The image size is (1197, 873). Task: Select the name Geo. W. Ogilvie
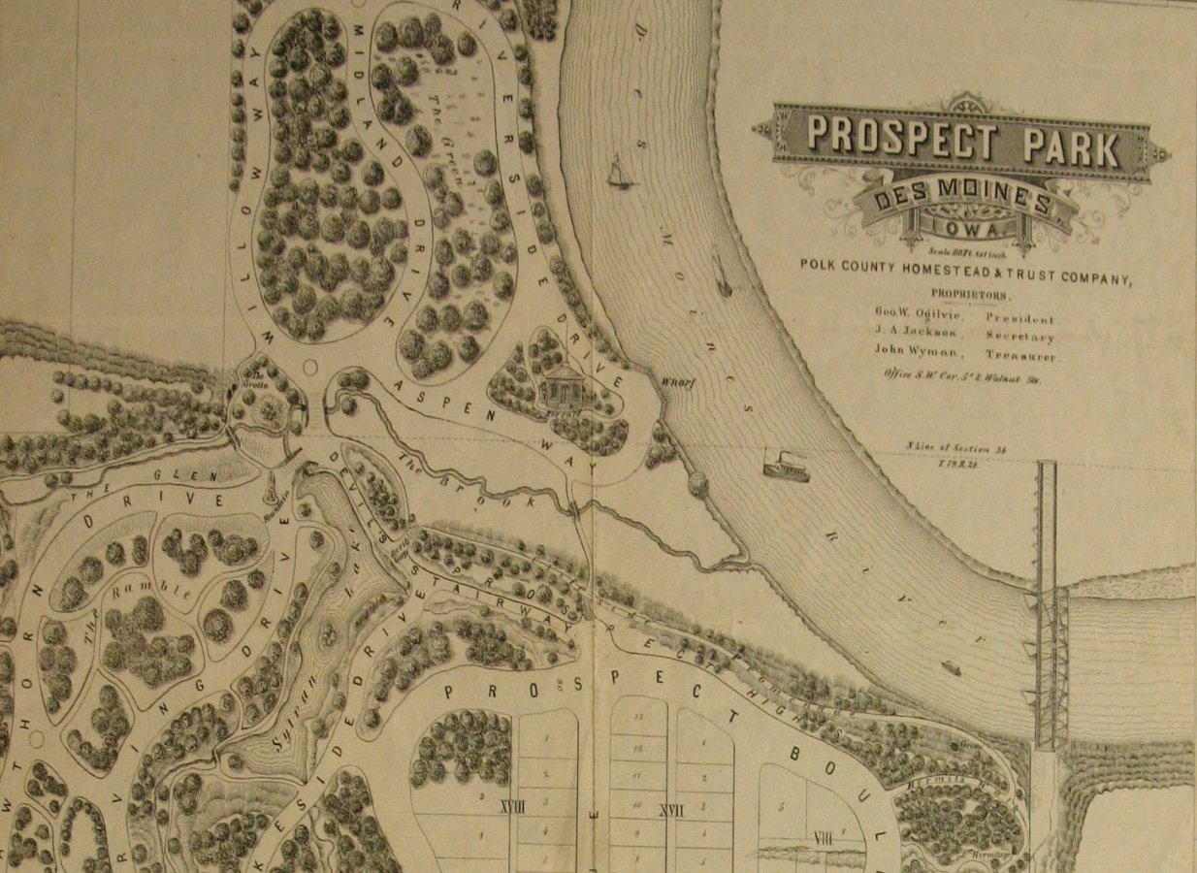coord(917,315)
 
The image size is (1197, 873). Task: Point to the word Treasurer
coord(1020,356)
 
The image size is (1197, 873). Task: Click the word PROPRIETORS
coord(969,294)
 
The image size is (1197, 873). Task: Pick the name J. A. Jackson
coord(915,335)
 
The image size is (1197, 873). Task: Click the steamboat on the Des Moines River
coord(786,467)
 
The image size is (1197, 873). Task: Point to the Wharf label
coord(675,380)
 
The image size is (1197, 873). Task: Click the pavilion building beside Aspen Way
coord(562,389)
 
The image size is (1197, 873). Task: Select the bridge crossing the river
coord(1049,601)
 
